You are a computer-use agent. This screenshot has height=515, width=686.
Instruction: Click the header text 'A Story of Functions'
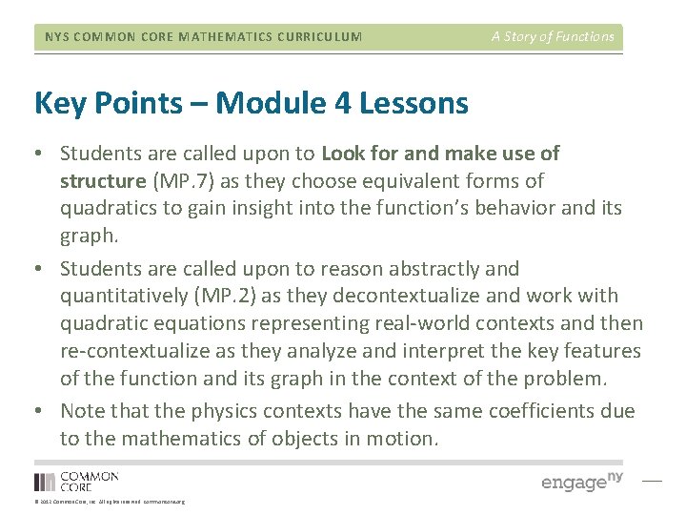tap(553, 37)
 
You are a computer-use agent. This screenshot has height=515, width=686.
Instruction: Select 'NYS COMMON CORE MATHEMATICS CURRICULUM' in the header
tap(204, 37)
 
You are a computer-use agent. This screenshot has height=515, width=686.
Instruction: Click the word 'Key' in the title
tap(59, 103)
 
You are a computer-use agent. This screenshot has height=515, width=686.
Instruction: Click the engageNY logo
tap(581, 481)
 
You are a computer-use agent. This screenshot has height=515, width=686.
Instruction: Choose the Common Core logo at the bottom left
tap(76, 481)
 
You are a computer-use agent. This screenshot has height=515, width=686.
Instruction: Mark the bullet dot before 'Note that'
tap(42, 411)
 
